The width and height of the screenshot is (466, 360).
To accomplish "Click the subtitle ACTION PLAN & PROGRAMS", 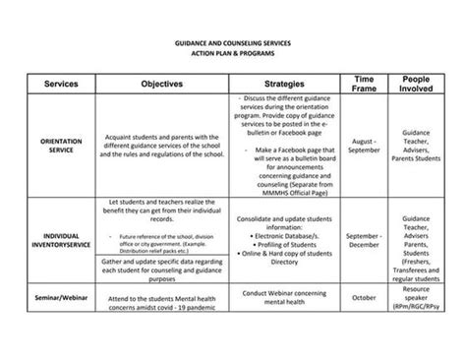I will (x=233, y=55).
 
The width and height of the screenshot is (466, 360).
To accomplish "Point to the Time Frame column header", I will (x=363, y=84).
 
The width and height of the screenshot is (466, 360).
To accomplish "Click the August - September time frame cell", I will (x=363, y=146).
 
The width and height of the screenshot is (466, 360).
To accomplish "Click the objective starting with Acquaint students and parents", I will (x=162, y=146).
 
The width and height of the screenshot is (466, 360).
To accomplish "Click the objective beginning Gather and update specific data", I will (x=162, y=270).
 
